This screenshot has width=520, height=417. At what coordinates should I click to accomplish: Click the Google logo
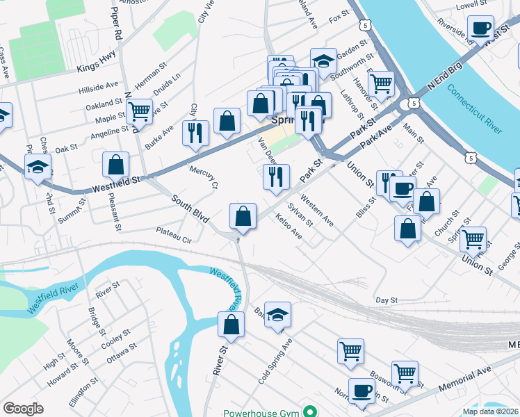(23, 409)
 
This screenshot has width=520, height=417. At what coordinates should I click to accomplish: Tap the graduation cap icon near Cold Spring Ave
(277, 316)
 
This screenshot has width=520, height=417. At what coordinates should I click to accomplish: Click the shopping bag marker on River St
(231, 325)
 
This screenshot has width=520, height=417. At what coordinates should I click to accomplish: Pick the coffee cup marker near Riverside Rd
(480, 29)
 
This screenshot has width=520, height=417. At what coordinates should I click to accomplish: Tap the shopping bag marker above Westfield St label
(115, 165)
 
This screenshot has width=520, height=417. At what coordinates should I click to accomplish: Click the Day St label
(386, 300)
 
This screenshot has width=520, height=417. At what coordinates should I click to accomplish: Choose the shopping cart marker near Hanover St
(381, 84)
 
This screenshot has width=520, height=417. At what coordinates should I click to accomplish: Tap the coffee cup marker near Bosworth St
(361, 391)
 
